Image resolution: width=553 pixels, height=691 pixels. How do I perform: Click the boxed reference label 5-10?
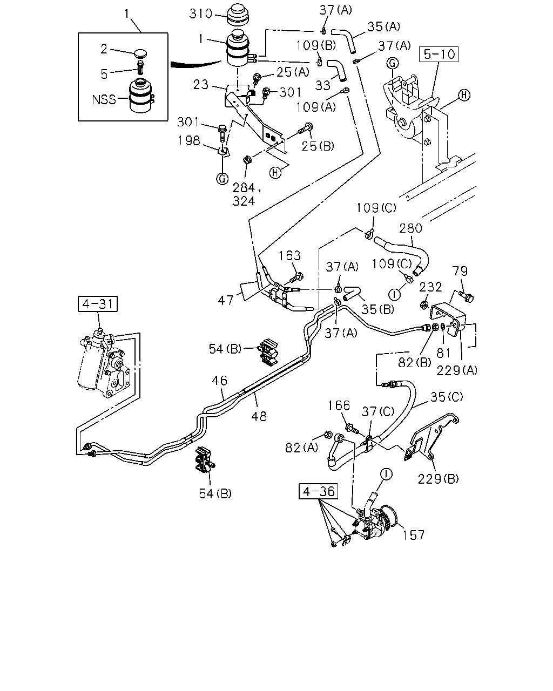point(439,55)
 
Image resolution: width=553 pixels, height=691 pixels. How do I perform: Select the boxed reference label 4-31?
point(98,304)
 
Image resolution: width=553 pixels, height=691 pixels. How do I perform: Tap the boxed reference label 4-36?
point(318,491)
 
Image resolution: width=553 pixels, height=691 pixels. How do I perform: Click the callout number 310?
point(201,14)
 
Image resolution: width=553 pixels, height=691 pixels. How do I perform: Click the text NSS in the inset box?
point(104,99)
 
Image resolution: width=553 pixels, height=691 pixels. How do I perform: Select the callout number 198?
point(189,140)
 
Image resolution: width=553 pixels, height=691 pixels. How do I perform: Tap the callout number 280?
point(410,228)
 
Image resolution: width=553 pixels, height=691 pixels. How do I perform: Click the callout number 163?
point(289,255)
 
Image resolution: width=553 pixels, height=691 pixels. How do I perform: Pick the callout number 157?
point(413,536)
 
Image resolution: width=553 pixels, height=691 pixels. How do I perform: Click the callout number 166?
point(339,405)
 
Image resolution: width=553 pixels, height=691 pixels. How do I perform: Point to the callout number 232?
point(430,287)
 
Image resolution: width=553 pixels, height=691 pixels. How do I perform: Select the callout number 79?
point(460,272)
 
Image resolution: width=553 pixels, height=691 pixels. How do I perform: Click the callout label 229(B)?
point(439,479)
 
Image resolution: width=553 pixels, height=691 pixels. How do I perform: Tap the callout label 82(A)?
point(301,448)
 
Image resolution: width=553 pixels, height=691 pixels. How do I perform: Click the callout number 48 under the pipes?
point(259,416)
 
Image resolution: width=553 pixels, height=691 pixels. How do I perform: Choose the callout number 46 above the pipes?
point(219,381)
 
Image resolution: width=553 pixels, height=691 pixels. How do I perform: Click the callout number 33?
point(322,85)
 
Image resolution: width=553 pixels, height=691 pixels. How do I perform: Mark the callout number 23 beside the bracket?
point(201,85)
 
